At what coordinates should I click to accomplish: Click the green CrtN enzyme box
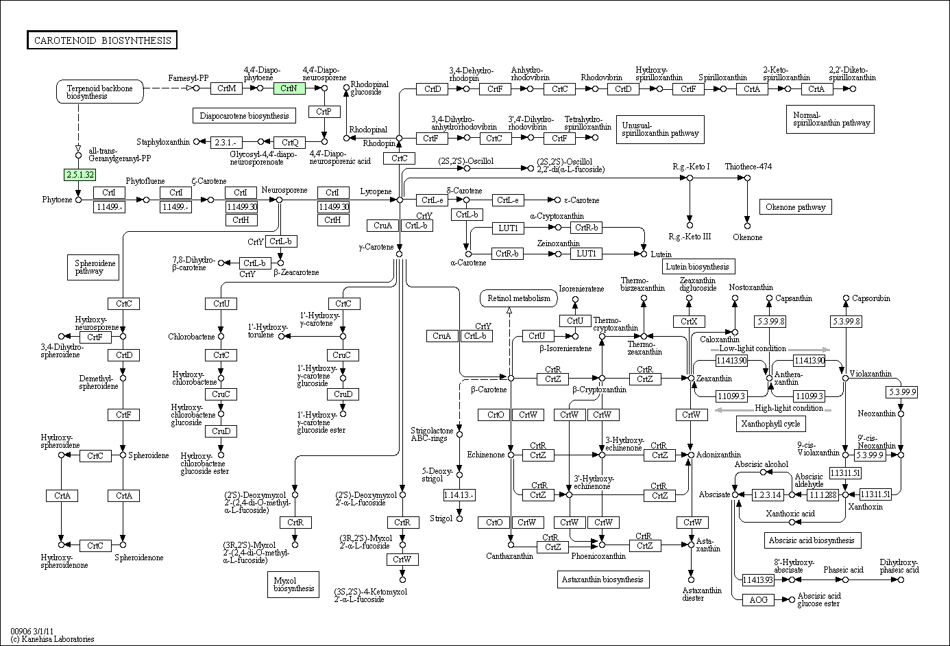point(289,88)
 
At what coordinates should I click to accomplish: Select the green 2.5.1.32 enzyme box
point(80,174)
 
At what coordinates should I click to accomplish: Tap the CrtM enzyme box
point(226,88)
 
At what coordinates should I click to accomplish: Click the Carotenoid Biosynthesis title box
point(102,40)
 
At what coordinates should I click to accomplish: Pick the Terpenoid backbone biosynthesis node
point(99,92)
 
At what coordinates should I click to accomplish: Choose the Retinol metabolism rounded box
point(519,298)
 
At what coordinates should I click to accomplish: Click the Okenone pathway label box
point(796,207)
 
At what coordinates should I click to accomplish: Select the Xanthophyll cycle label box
point(770,424)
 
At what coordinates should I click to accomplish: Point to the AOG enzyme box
point(758,600)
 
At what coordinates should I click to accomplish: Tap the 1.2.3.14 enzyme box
point(768,495)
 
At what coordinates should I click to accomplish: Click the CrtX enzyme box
point(689,322)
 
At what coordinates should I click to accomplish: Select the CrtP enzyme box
point(324,112)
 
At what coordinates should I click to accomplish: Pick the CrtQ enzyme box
point(290,142)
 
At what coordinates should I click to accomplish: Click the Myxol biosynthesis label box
point(293,584)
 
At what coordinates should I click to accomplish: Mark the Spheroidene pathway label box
point(93,267)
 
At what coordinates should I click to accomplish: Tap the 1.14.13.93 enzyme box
point(758,579)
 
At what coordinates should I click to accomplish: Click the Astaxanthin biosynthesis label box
point(603,579)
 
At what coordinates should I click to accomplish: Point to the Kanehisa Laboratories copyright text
point(53,639)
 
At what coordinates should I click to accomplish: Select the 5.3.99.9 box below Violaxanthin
point(901,392)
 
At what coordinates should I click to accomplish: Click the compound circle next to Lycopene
point(400,200)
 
